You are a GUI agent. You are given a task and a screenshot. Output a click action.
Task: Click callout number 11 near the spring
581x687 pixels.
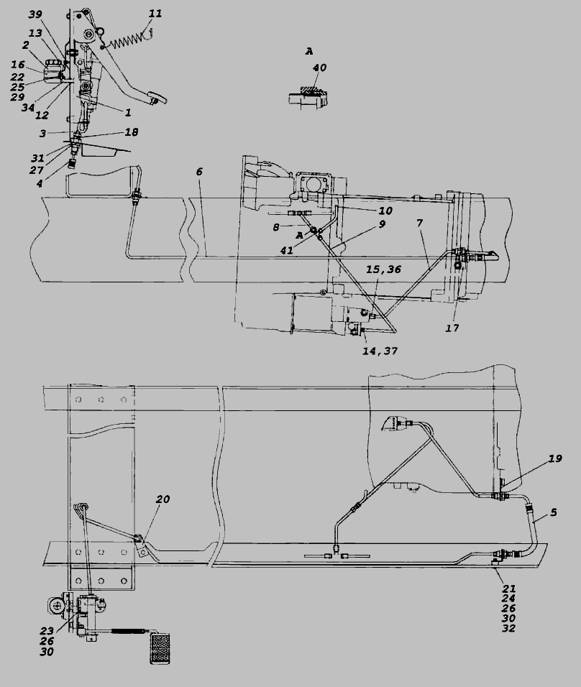point(155,14)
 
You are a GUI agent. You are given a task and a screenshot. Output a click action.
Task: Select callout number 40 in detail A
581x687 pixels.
point(320,68)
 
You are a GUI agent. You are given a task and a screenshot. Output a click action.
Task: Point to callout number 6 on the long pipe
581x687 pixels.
point(199,171)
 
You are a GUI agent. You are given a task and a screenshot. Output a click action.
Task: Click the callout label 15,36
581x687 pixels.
point(383,269)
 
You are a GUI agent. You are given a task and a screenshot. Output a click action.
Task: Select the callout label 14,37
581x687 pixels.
point(380,351)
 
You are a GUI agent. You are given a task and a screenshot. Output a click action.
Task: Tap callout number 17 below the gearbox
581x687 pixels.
point(452,328)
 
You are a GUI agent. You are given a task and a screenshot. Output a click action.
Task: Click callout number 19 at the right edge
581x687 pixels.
point(555,458)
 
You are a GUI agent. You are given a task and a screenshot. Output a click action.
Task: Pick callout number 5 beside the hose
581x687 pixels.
point(554,512)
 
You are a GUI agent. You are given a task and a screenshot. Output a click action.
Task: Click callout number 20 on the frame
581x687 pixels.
point(163,499)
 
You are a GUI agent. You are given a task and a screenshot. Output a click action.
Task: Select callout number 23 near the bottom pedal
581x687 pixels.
point(47,631)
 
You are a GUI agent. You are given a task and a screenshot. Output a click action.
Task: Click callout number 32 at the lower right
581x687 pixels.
point(508,628)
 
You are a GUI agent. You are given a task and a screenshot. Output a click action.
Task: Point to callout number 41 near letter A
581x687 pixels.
point(287,251)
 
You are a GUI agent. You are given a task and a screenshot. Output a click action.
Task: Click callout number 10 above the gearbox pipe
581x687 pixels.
point(385,211)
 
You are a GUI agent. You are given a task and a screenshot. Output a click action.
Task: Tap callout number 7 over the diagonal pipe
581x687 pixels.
point(420,223)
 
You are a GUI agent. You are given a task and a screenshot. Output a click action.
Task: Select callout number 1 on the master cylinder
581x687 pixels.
point(128,113)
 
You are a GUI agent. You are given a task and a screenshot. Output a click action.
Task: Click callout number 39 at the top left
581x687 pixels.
point(35,14)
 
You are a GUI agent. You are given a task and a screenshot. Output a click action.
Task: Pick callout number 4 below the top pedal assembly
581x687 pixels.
point(40,183)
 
